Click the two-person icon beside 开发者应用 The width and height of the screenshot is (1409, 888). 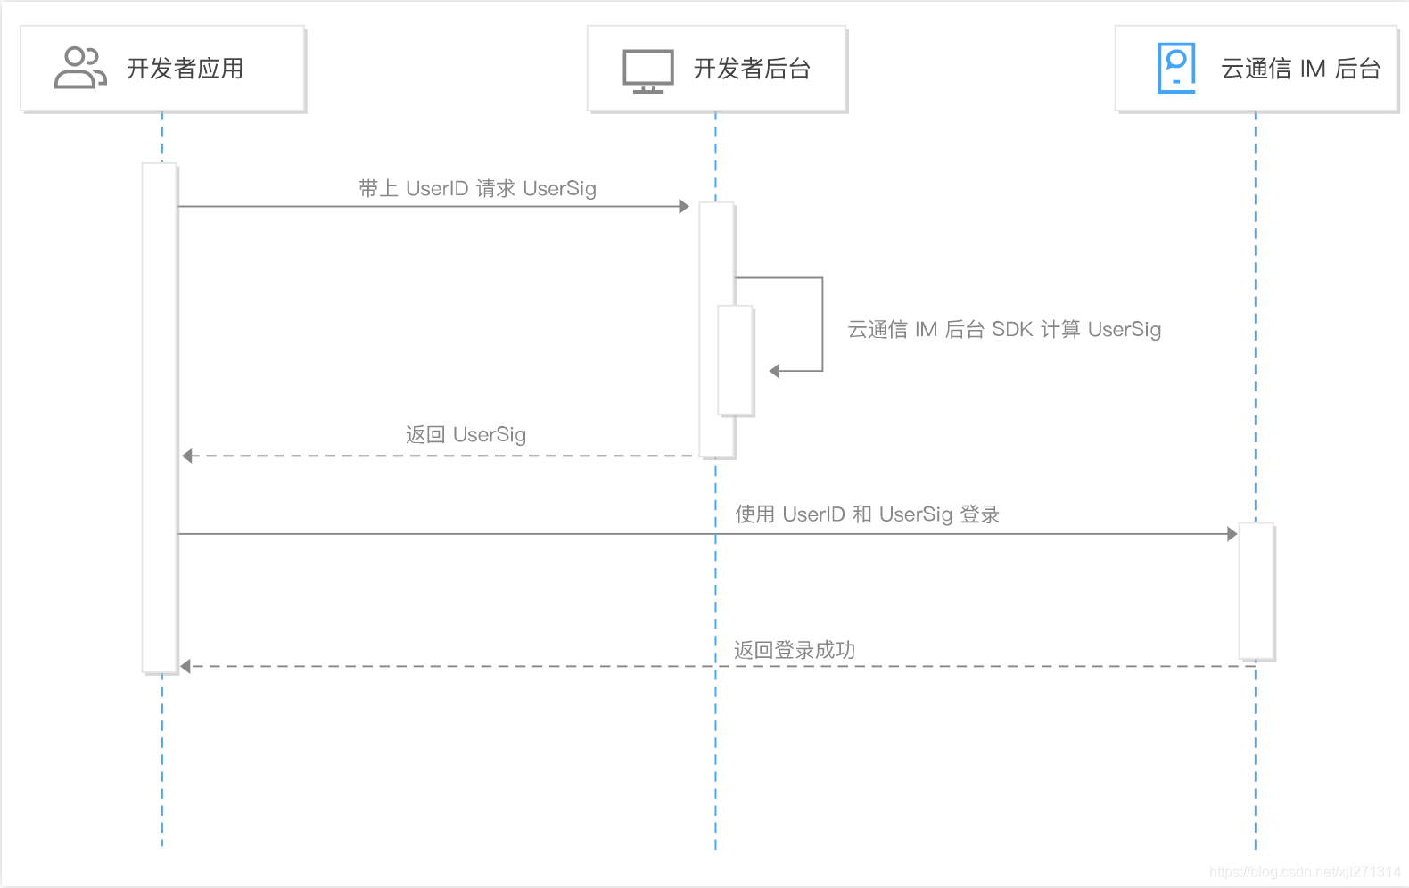pos(79,69)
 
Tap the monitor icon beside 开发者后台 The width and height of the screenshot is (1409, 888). pos(647,70)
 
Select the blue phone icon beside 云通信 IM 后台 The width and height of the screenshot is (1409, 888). pos(1176,68)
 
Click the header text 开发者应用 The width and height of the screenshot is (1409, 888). pos(185,69)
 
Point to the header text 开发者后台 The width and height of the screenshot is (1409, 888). pos(752,69)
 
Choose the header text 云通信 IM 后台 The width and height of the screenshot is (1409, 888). pos(1300,69)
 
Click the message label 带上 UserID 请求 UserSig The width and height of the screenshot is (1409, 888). pos(477,188)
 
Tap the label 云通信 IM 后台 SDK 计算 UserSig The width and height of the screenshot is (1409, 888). pos(1003,329)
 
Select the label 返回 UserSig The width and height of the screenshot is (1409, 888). pos(466,434)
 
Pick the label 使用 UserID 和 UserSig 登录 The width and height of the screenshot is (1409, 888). pos(867,514)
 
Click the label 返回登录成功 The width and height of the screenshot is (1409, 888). pos(794,650)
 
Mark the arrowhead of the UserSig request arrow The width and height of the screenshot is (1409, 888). pos(684,207)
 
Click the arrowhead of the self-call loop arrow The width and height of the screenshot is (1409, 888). pos(775,371)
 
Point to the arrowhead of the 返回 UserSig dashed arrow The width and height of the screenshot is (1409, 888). pos(187,456)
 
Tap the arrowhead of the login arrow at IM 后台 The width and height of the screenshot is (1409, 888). pos(1232,534)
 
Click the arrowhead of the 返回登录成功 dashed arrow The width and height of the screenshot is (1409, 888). pos(185,666)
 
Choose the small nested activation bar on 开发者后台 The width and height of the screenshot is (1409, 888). pos(736,360)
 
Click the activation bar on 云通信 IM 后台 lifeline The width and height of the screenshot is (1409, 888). pos(1256,590)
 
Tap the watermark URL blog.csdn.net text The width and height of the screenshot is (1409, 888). pos(1305,872)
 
